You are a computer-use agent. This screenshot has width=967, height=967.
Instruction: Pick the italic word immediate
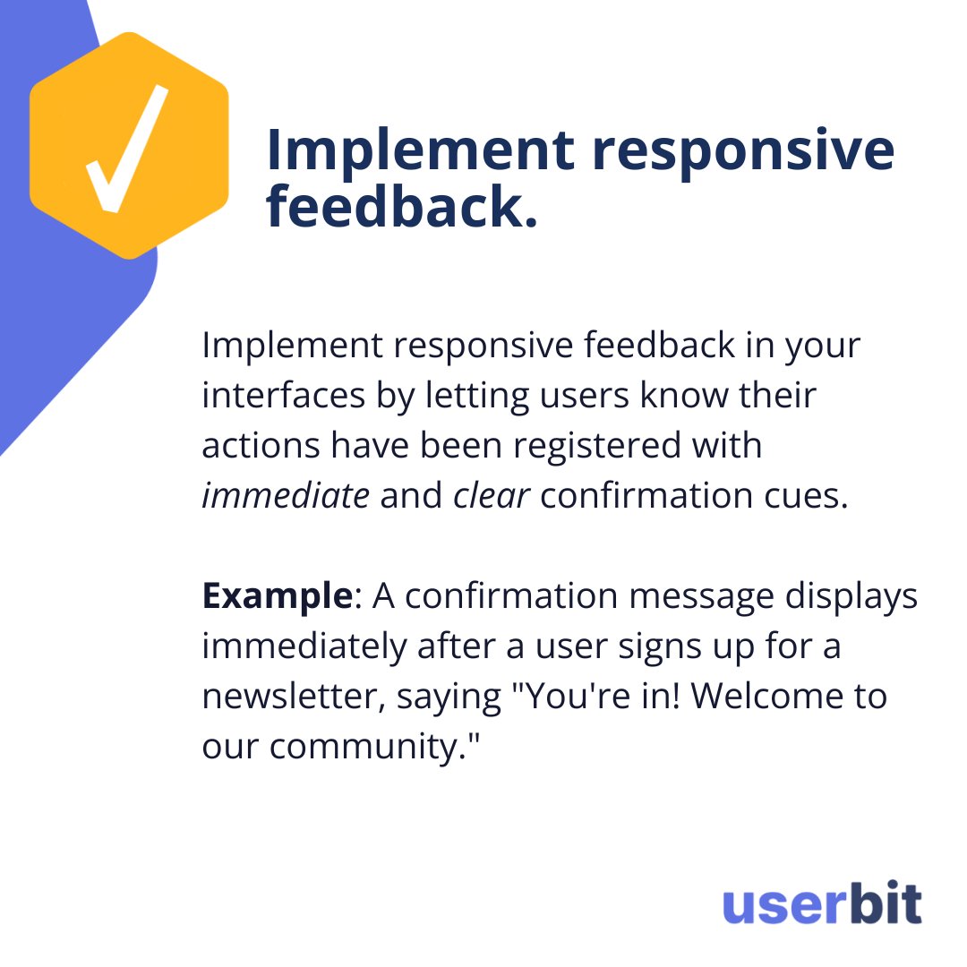click(285, 496)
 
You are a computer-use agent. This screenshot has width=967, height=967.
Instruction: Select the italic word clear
click(492, 496)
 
